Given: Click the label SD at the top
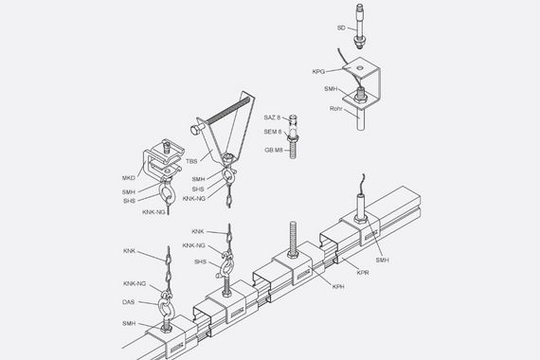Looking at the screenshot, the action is pyautogui.click(x=341, y=27).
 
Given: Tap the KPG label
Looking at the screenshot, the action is pyautogui.click(x=318, y=72).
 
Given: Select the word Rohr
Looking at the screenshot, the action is pyautogui.click(x=335, y=109).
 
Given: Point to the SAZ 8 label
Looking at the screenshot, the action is pyautogui.click(x=272, y=117).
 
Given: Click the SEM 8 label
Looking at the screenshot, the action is pyautogui.click(x=273, y=132).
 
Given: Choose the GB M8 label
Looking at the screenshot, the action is pyautogui.click(x=274, y=150).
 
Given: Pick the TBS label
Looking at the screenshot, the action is pyautogui.click(x=191, y=161).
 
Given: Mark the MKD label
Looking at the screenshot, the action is pyautogui.click(x=129, y=178).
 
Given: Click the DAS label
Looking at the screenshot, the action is pyautogui.click(x=128, y=302).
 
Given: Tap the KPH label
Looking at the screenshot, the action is pyautogui.click(x=338, y=286).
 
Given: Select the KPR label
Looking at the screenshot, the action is pyautogui.click(x=363, y=273).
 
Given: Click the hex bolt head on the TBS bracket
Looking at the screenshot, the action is pyautogui.click(x=195, y=130).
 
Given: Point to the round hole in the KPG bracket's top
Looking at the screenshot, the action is pyautogui.click(x=360, y=67).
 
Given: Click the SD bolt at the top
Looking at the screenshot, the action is pyautogui.click(x=360, y=26).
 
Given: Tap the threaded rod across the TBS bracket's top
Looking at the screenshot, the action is pyautogui.click(x=227, y=110).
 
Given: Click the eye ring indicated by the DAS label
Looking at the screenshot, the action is pyautogui.click(x=166, y=306).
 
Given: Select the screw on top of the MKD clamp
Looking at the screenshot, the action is pyautogui.click(x=166, y=147).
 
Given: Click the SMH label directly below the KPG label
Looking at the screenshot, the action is pyautogui.click(x=331, y=89).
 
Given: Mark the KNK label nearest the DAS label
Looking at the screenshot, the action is pyautogui.click(x=129, y=251).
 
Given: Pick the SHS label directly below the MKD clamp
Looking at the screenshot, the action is pyautogui.click(x=129, y=201).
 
